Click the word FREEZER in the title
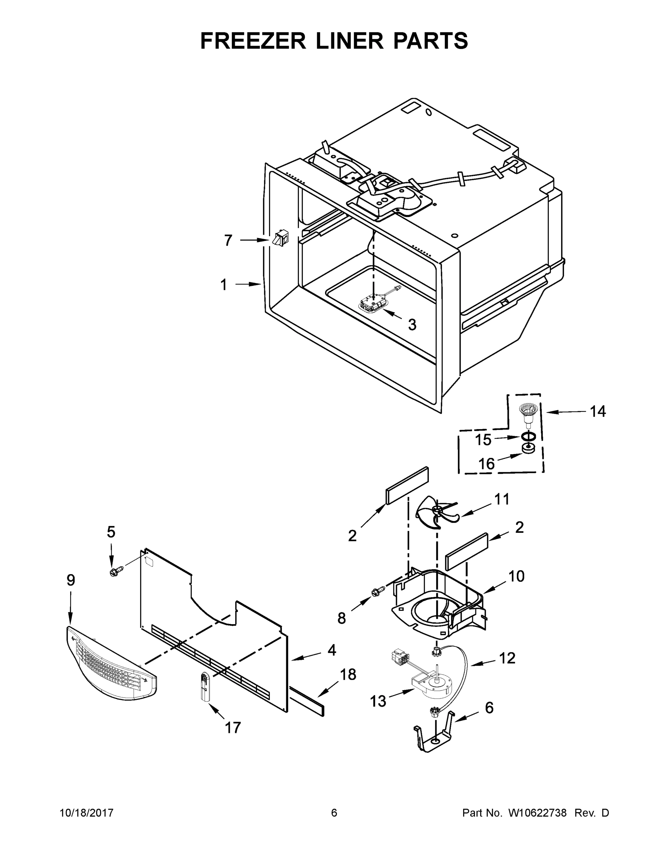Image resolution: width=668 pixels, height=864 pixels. point(253,41)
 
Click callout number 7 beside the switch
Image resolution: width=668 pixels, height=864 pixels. point(228,240)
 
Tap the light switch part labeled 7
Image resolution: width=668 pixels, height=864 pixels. point(280,239)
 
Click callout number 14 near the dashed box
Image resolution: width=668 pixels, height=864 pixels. point(597,411)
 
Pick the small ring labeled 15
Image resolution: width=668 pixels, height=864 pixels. point(528,437)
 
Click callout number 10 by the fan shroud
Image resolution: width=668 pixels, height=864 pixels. point(516,576)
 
